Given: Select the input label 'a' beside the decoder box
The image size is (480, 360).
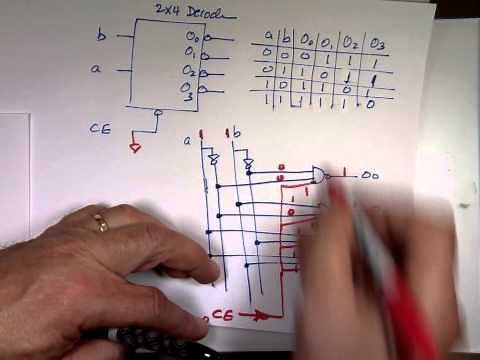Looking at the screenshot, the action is [96, 70].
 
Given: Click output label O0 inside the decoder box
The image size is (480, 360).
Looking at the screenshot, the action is [191, 38].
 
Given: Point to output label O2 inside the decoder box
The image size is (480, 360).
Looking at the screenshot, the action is [190, 72].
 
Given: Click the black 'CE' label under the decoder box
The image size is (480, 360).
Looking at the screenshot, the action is [101, 129].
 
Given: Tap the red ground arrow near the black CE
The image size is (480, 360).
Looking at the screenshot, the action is [136, 147].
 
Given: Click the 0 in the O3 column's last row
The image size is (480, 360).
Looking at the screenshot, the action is [371, 103].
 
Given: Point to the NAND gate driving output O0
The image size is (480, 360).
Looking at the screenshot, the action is [319, 176].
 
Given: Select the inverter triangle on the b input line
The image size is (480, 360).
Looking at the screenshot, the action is [248, 164].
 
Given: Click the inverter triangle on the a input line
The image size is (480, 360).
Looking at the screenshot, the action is [212, 160].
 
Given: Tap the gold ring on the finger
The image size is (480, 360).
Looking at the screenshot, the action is [101, 222].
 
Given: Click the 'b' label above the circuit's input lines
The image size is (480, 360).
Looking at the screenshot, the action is [237, 133].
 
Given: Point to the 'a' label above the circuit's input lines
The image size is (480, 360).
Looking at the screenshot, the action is [187, 140].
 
